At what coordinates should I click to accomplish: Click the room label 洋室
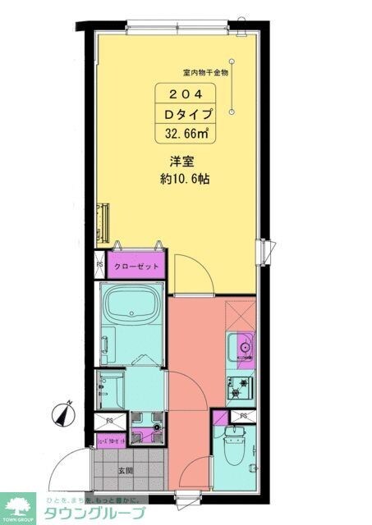pos(182,162)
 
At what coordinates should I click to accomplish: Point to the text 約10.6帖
pos(184,179)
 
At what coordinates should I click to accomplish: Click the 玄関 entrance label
pos(126,470)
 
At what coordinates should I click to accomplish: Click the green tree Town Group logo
pos(19,507)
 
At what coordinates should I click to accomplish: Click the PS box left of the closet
pos(99,264)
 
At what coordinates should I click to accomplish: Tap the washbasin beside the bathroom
pos(108,387)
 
